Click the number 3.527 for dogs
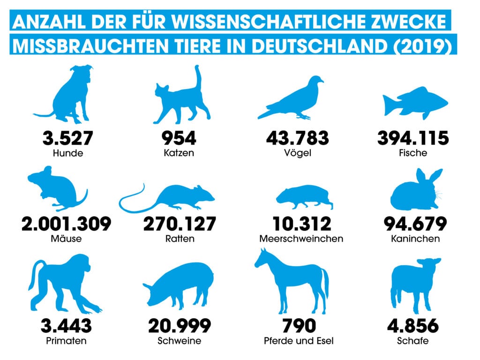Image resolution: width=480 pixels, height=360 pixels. pyautogui.click(x=68, y=138)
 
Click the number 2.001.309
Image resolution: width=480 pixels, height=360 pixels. pyautogui.click(x=66, y=224)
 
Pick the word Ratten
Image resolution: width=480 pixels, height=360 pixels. pyautogui.click(x=179, y=239)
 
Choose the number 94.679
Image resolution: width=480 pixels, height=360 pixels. pyautogui.click(x=415, y=224)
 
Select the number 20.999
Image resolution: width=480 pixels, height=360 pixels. pyautogui.click(x=180, y=325)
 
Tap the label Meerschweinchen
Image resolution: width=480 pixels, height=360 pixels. pyautogui.click(x=301, y=239)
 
